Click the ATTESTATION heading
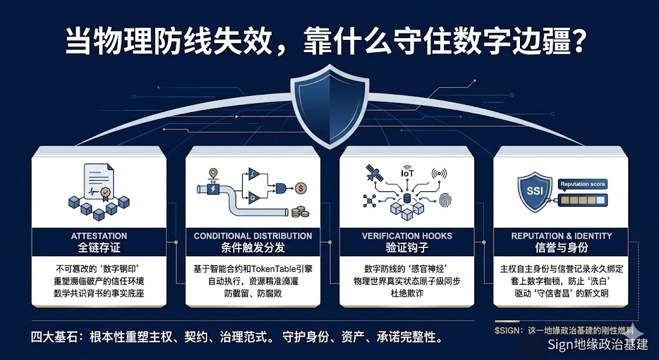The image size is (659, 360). (x=98, y=236)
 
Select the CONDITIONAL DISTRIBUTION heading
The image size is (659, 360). (x=253, y=236)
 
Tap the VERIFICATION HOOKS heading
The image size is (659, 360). (x=407, y=236)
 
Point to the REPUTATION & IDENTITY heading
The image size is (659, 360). (x=561, y=236)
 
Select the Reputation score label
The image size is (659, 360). (x=583, y=184)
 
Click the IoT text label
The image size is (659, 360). (x=407, y=173)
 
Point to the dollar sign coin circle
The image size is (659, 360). (x=301, y=188)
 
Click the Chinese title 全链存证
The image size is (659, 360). (x=98, y=248)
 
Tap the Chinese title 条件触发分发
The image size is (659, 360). (x=253, y=248)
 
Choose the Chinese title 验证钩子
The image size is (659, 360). (x=407, y=248)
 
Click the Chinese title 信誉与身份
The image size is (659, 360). (x=561, y=248)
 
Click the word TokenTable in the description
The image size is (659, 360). (x=270, y=269)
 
